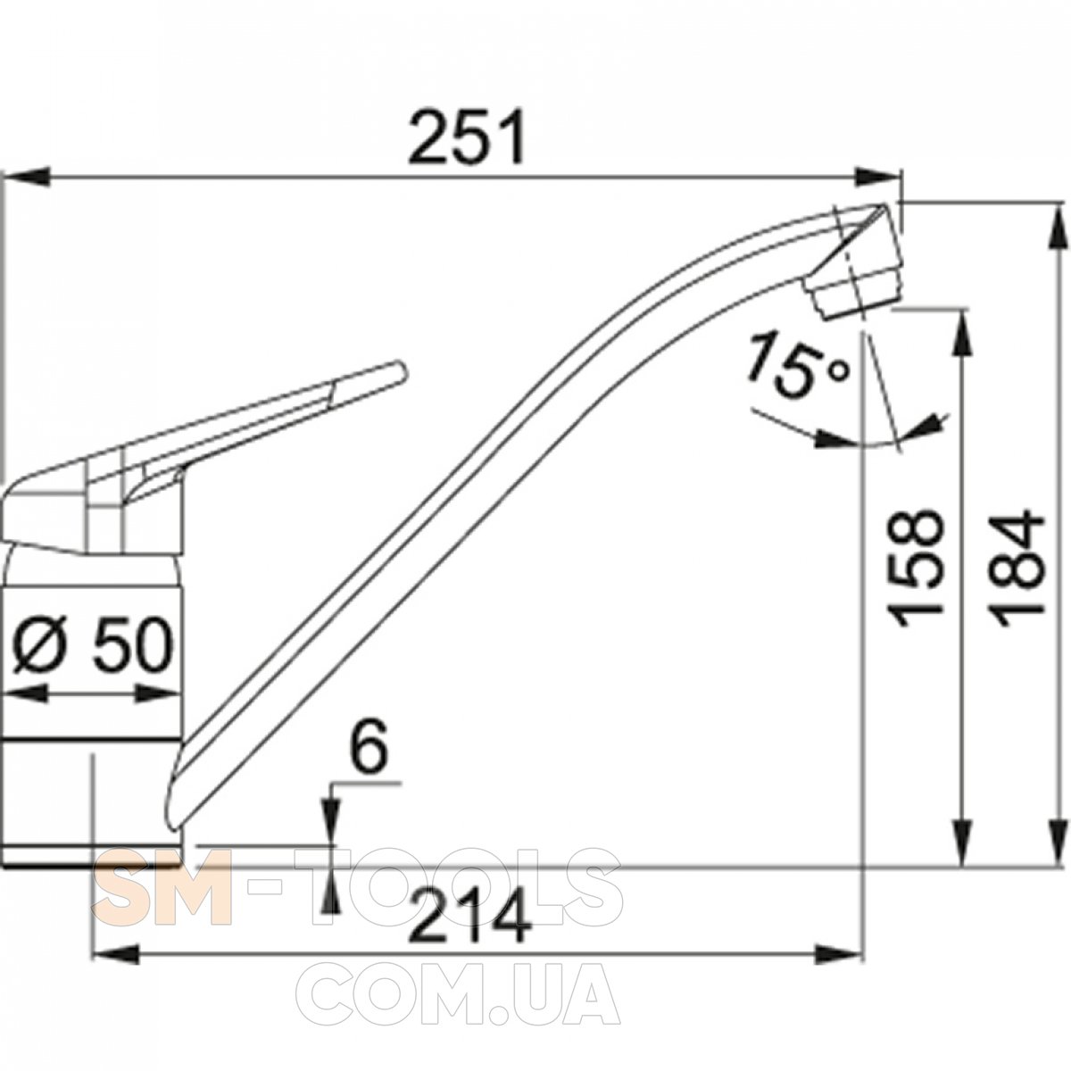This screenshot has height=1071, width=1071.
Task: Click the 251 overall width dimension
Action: pos(467,137)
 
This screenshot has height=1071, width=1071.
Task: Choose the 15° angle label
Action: pos(796,364)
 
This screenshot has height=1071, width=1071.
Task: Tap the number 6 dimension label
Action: pos(369,748)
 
